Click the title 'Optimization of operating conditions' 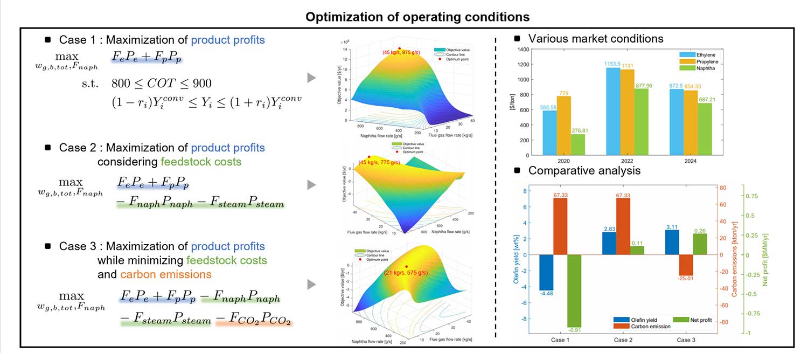click(x=417, y=17)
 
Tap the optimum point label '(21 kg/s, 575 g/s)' click(x=406, y=273)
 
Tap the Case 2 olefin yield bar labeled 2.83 click(x=610, y=244)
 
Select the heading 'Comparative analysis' click(x=584, y=171)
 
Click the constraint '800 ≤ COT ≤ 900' click(x=162, y=84)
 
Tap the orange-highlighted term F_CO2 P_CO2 click(x=254, y=320)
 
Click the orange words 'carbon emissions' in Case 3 click(x=165, y=274)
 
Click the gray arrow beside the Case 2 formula click(x=311, y=185)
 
